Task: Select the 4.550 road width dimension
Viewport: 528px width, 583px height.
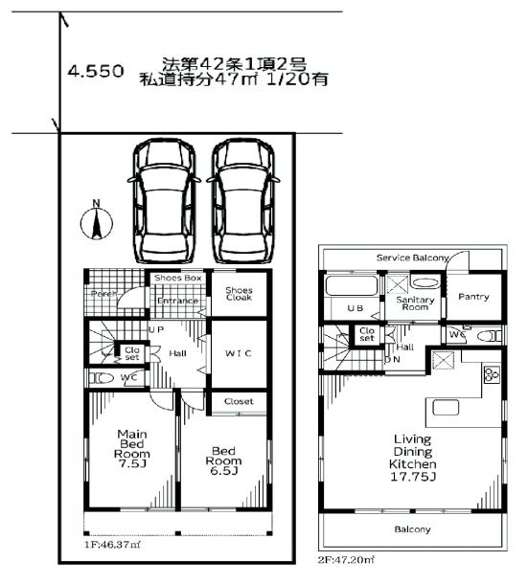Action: point(94,71)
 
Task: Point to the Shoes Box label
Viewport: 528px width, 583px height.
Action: point(177,279)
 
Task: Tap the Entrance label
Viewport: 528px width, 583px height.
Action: point(177,302)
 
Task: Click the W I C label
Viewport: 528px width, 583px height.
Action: point(239,352)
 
